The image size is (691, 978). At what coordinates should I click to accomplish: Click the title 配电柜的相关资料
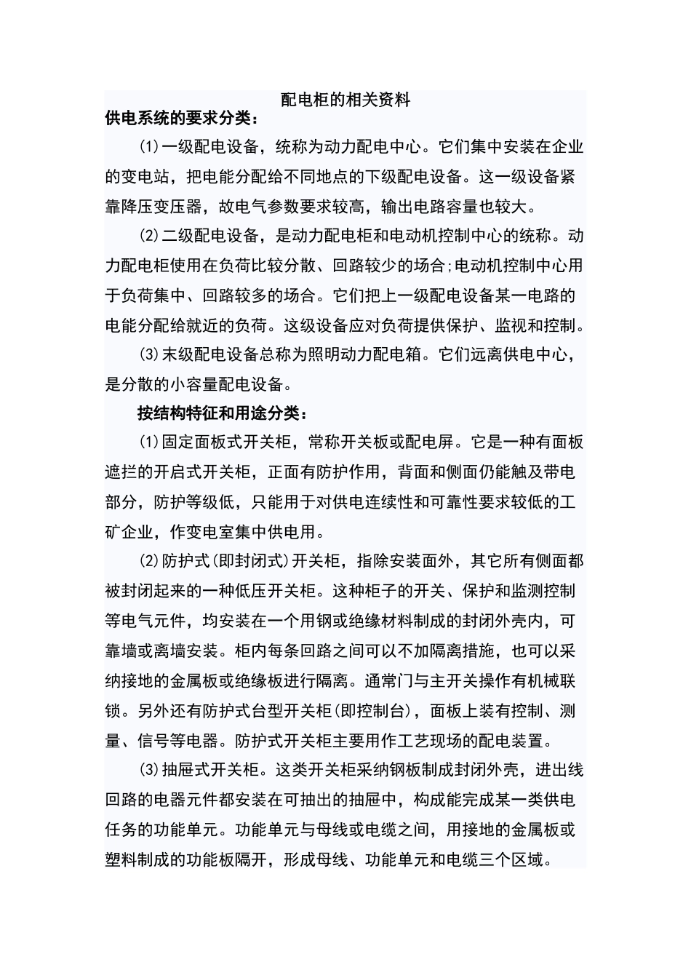[345, 100]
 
